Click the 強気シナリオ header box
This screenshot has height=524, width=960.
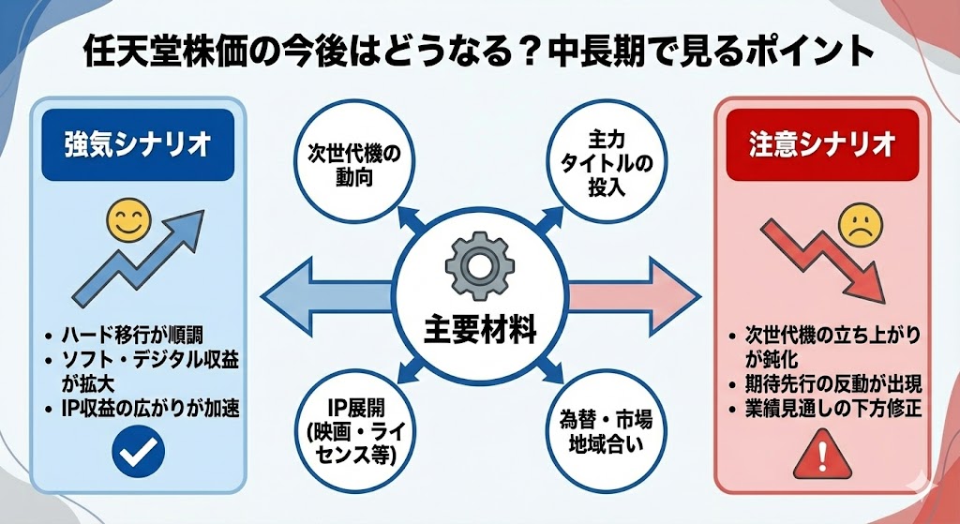(137, 146)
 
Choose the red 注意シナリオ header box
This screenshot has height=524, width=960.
(820, 146)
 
